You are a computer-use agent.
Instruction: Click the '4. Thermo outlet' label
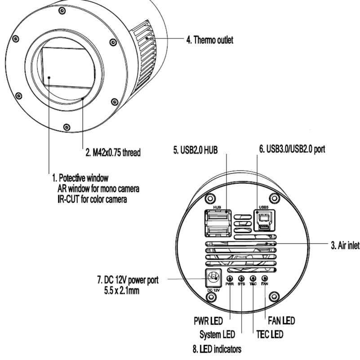(x=209, y=40)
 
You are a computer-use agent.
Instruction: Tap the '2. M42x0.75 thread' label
(x=112, y=152)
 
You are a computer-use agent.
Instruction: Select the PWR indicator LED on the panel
(x=230, y=279)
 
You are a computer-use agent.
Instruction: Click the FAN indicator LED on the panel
(x=265, y=279)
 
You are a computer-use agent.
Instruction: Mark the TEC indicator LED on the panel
(x=253, y=279)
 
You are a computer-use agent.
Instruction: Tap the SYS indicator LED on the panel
(x=241, y=279)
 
